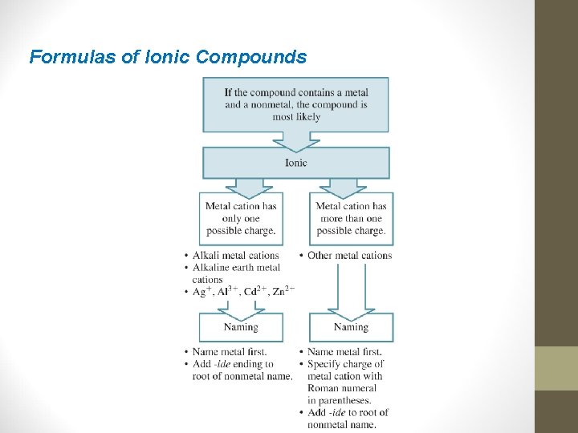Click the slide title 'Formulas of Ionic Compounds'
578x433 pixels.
(x=168, y=57)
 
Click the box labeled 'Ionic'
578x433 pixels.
(x=295, y=163)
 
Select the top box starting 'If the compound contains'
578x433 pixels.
(x=295, y=104)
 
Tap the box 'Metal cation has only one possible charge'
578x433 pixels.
(x=241, y=218)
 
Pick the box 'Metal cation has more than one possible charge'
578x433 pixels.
(x=351, y=218)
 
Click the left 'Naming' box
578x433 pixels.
(x=241, y=327)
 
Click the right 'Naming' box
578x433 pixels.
(x=351, y=327)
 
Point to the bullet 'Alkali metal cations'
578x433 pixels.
(x=235, y=256)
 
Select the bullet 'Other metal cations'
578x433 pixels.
(x=349, y=256)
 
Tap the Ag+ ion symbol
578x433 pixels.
(x=201, y=291)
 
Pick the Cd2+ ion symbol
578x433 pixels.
(x=254, y=291)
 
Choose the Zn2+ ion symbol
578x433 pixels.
(x=283, y=291)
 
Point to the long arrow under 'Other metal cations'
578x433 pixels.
(x=351, y=289)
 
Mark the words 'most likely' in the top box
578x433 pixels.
(x=295, y=117)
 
